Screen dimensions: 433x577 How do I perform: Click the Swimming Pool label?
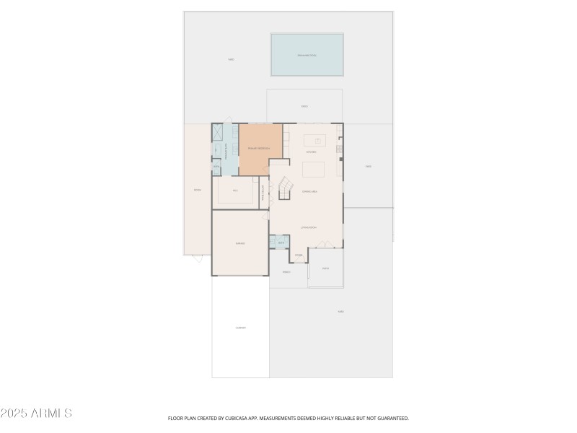click(x=307, y=55)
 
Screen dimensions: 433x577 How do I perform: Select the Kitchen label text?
click(x=312, y=152)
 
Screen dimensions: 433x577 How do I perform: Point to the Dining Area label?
click(x=311, y=191)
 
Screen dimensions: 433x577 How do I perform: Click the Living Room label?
click(x=309, y=228)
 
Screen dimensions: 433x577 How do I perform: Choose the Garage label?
click(x=240, y=243)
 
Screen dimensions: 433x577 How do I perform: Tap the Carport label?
click(x=241, y=328)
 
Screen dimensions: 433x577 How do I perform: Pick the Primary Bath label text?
click(x=227, y=150)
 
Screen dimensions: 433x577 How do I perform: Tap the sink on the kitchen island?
click(x=316, y=139)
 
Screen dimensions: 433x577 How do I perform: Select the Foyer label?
click(x=299, y=255)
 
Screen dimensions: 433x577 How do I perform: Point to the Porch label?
click(x=286, y=273)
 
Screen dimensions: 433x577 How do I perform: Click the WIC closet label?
click(x=236, y=191)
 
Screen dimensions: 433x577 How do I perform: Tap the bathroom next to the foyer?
click(x=281, y=242)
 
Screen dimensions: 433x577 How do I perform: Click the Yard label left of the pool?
click(x=231, y=59)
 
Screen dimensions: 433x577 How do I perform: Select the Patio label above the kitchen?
click(x=305, y=106)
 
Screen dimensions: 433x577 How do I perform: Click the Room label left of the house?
click(x=197, y=190)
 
